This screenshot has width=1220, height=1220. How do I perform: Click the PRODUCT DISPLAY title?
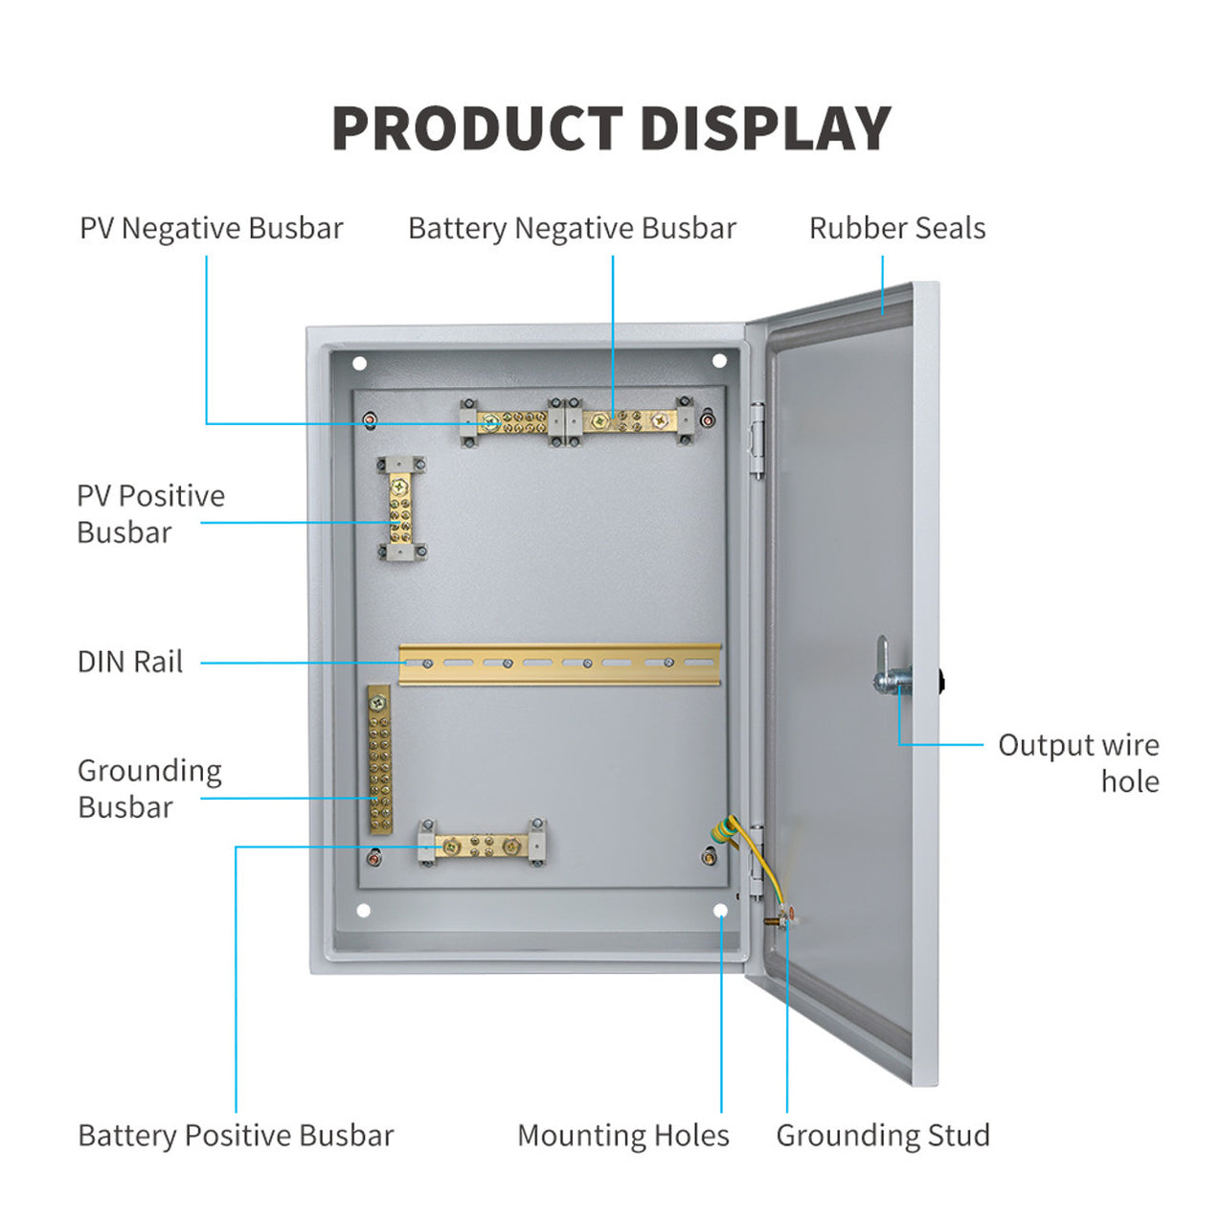611,129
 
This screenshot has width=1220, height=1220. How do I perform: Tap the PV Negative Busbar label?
211,229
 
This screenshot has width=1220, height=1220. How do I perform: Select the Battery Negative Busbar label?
572,229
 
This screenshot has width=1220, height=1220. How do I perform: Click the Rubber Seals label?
896,229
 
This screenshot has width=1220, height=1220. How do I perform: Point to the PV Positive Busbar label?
150,514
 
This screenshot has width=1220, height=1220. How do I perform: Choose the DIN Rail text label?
129,662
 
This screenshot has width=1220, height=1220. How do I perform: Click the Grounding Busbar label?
149,788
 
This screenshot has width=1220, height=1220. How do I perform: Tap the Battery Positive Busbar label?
236,1136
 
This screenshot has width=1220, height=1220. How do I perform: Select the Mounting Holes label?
622,1136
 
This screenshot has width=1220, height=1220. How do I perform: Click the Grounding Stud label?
882,1136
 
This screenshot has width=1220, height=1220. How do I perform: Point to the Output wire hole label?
1078,763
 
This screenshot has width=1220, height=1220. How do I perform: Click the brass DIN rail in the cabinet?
559,664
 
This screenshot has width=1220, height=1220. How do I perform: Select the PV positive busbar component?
401,508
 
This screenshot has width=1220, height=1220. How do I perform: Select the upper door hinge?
757,441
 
